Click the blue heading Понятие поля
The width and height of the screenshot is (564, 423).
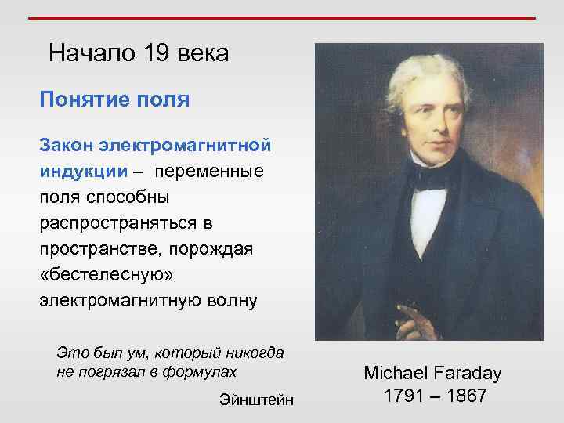click(x=114, y=100)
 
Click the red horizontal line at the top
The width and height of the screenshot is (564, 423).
click(x=281, y=18)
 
